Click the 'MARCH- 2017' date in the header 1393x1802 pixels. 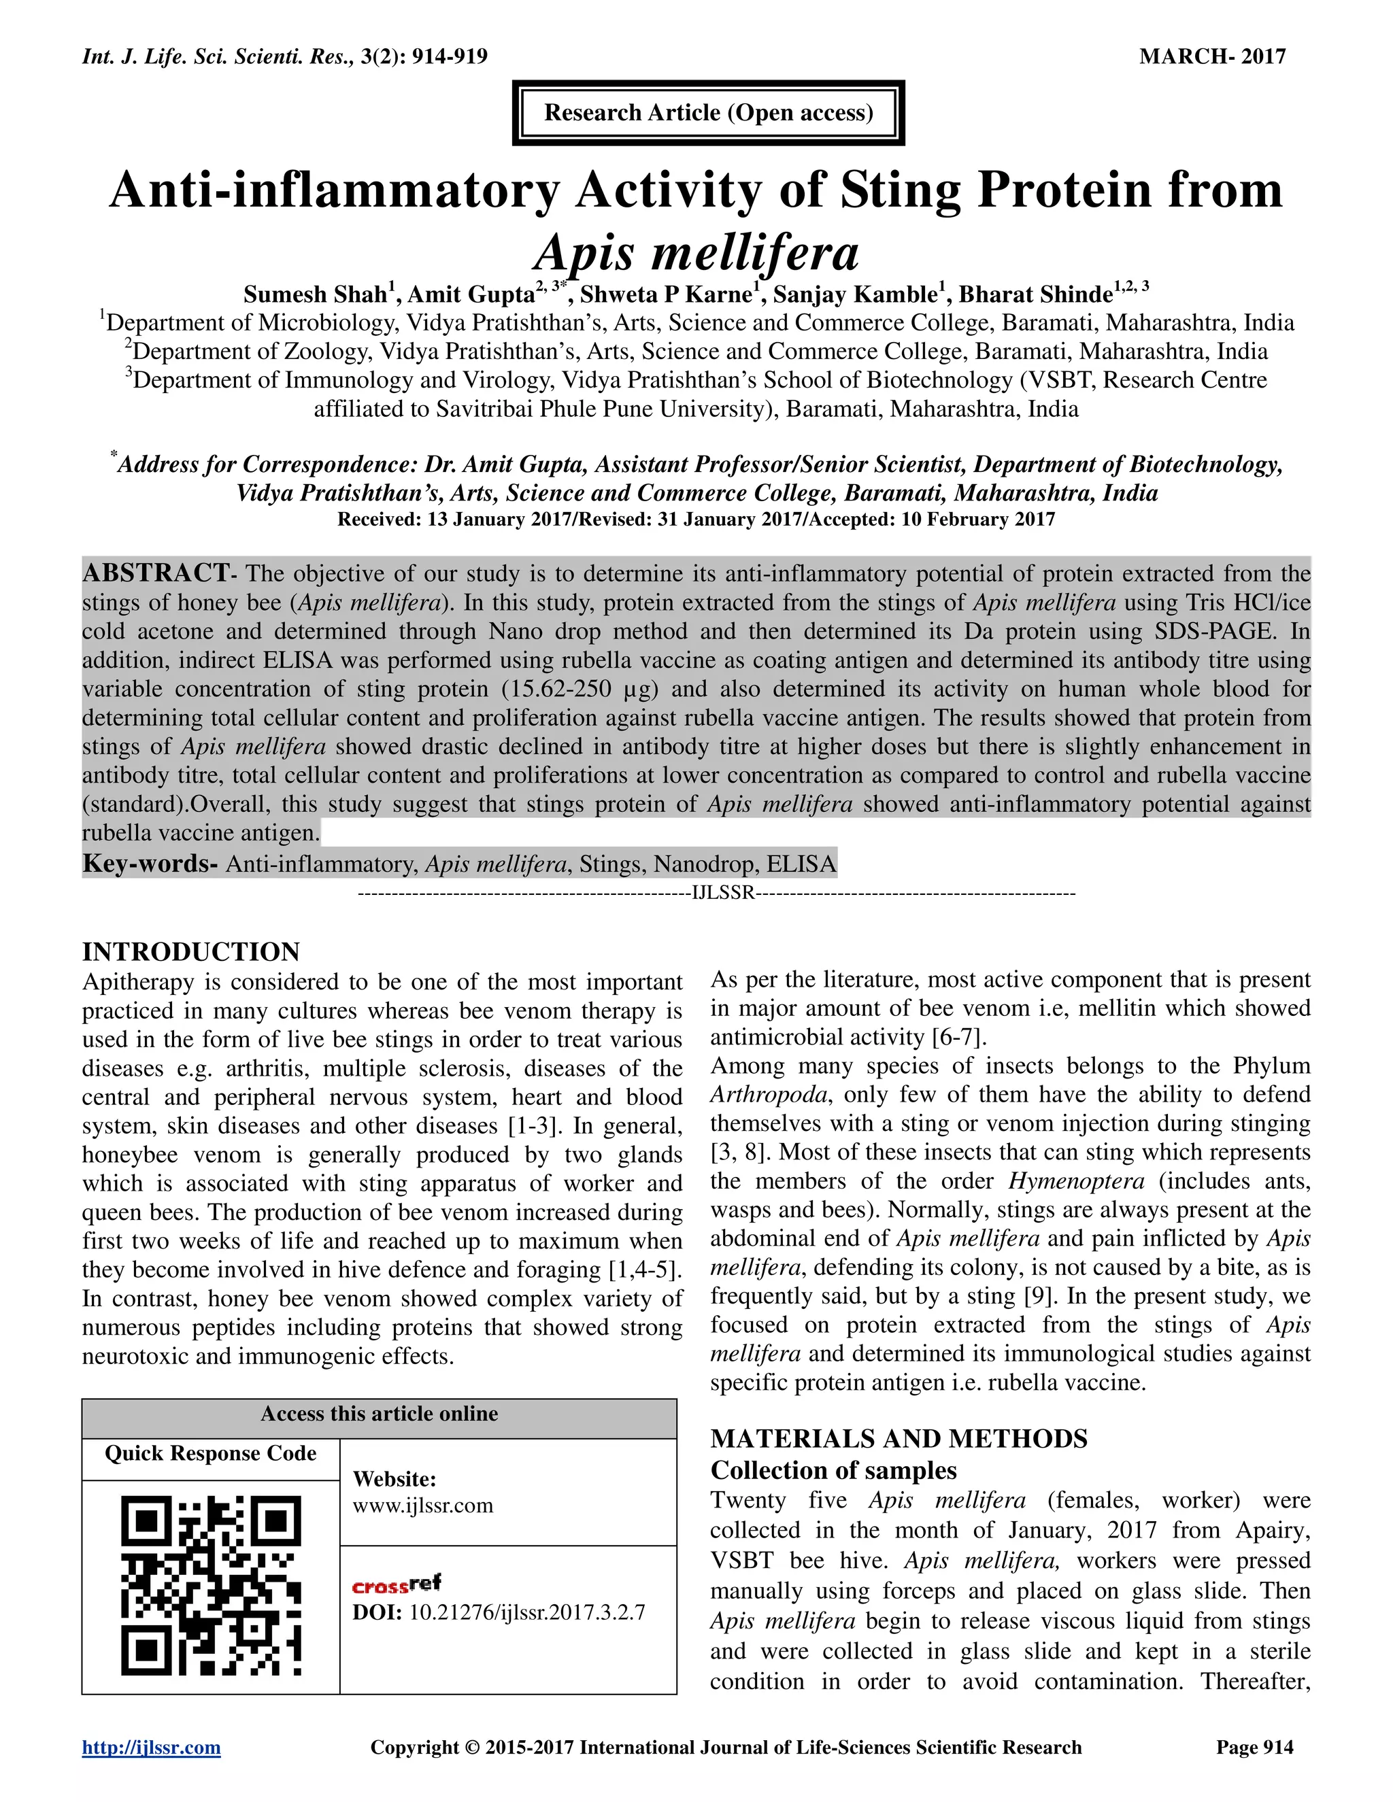tap(1211, 57)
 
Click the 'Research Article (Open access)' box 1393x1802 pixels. tap(708, 113)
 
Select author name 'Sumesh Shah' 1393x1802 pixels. tap(314, 294)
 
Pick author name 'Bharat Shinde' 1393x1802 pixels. tap(1035, 294)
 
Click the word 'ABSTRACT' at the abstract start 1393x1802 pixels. tap(156, 573)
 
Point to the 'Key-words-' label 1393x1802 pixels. tap(150, 864)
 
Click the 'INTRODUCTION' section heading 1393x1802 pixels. tap(190, 951)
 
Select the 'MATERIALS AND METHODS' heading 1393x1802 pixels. tap(899, 1438)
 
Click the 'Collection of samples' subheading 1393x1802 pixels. tap(833, 1470)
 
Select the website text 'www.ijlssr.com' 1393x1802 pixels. tap(422, 1505)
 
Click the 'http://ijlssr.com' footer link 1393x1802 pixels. tap(151, 1747)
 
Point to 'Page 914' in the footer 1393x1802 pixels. tap(1254, 1747)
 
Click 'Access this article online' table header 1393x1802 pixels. tap(379, 1414)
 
